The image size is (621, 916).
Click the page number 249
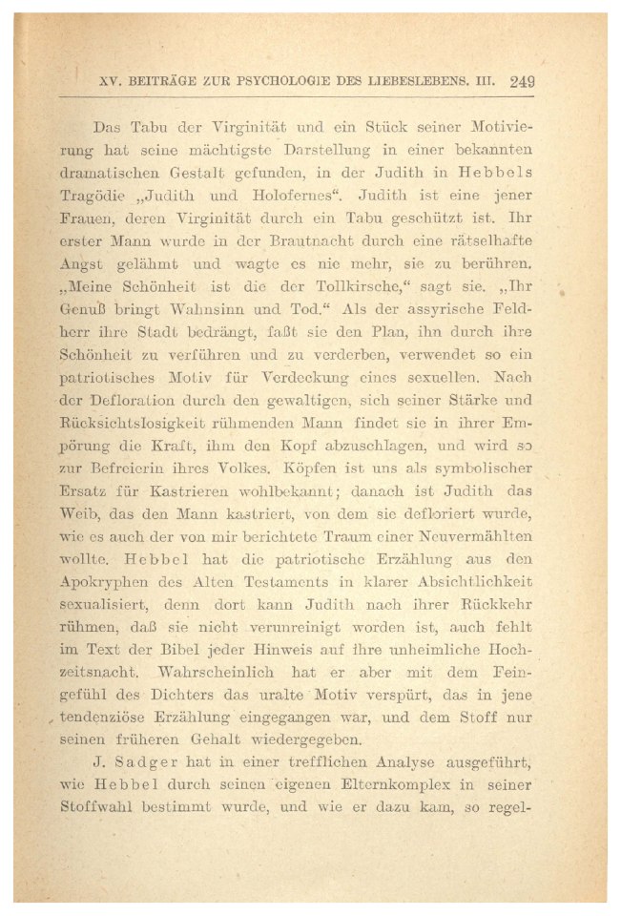pyautogui.click(x=522, y=81)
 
